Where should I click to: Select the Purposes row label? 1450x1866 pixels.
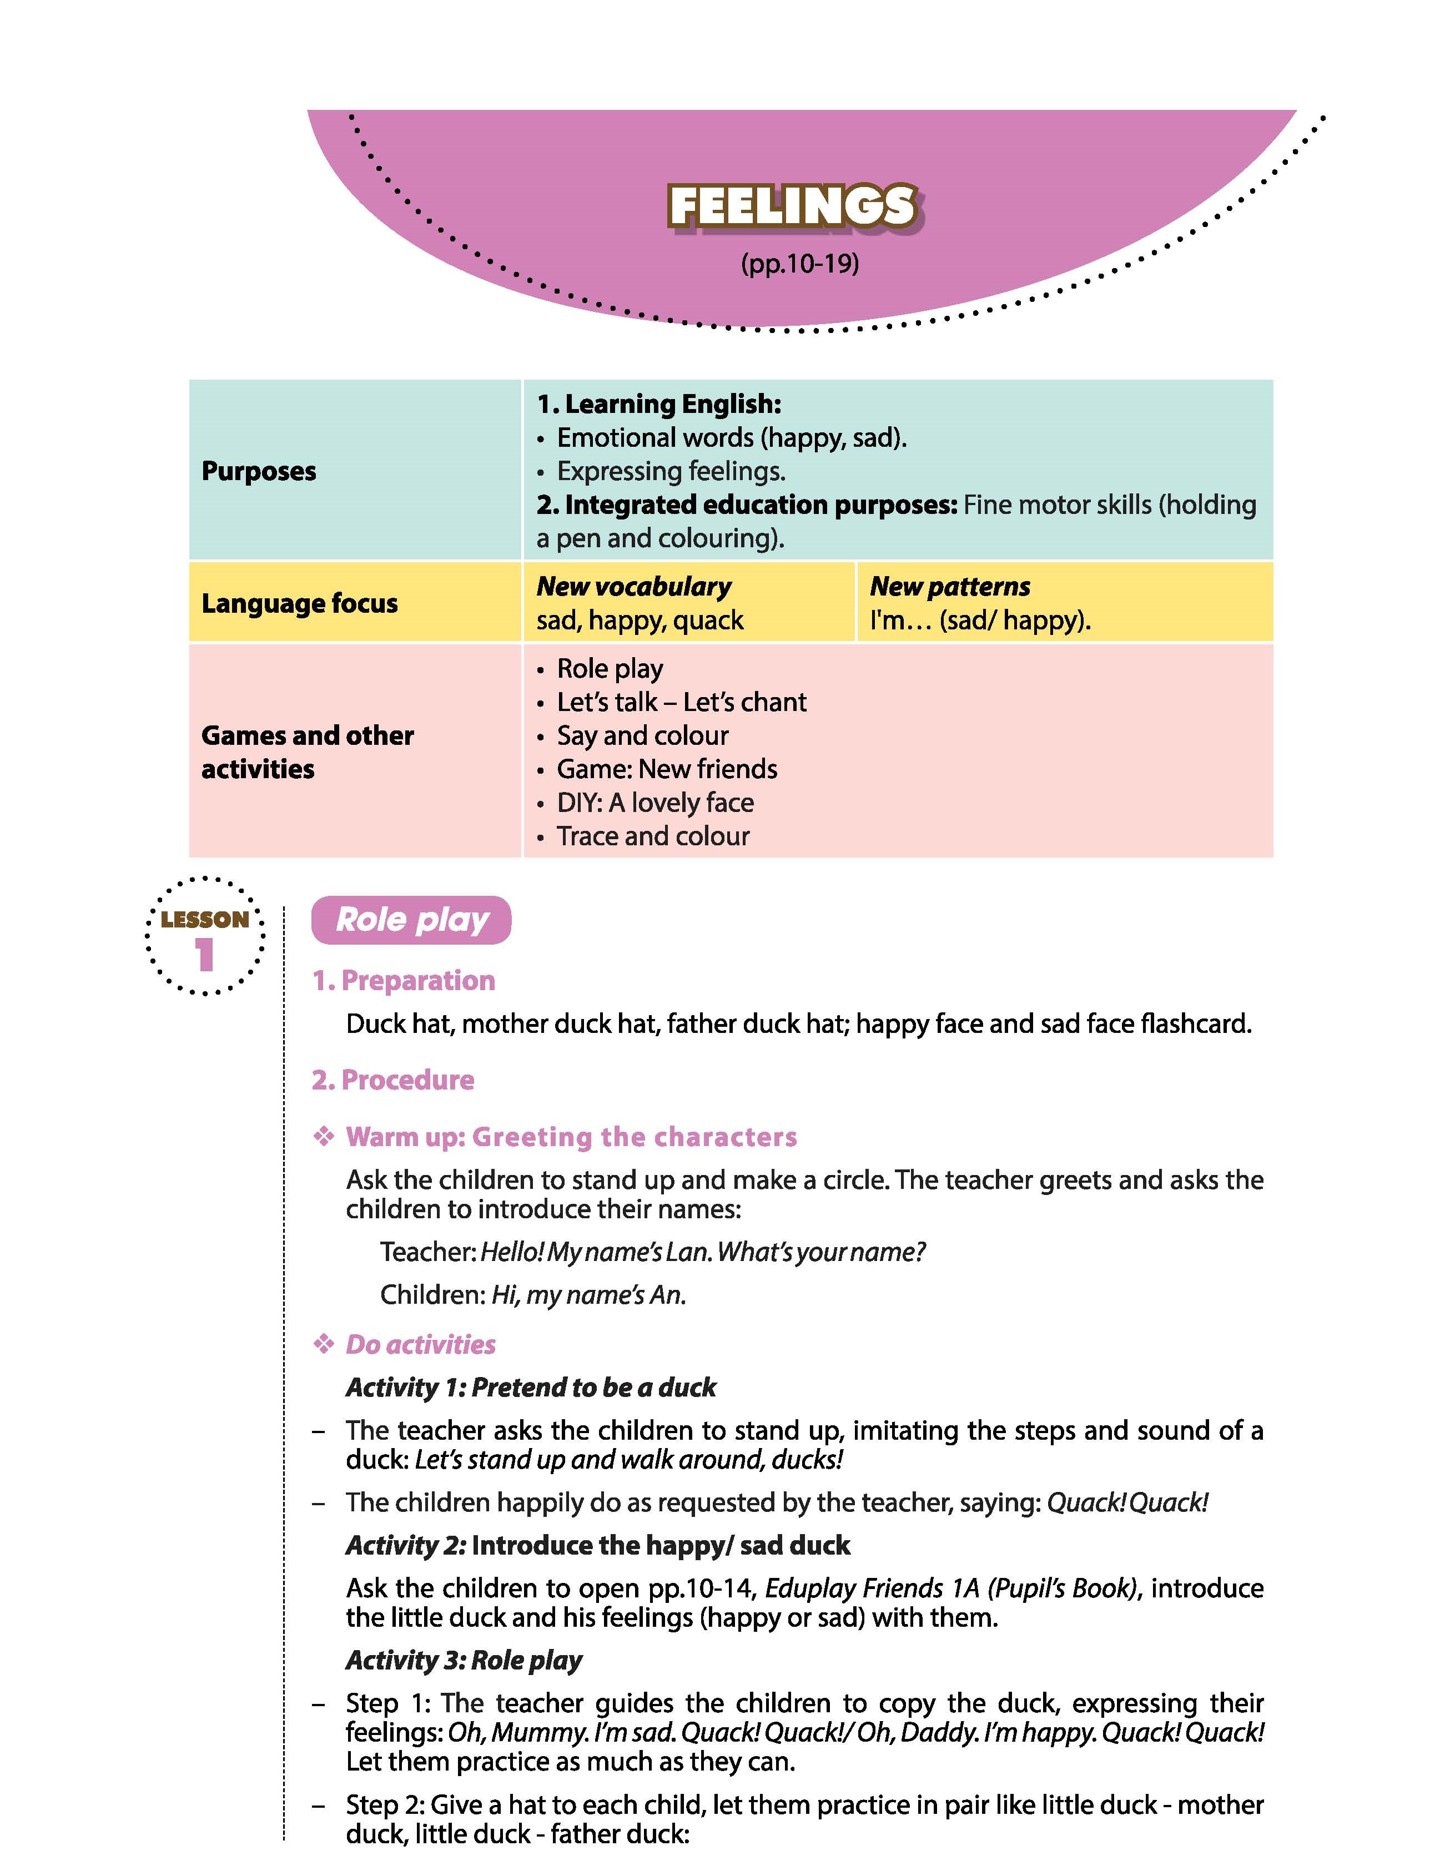pyautogui.click(x=259, y=471)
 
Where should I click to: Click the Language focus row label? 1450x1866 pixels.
pyautogui.click(x=300, y=603)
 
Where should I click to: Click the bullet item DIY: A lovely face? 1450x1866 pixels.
pyautogui.click(x=656, y=802)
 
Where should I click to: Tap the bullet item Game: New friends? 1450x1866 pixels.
pyautogui.click(x=667, y=769)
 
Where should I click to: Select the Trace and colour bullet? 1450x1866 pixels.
pyautogui.click(x=653, y=836)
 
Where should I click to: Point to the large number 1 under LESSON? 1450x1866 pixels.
pyautogui.click(x=204, y=955)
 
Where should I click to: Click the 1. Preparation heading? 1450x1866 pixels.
pyautogui.click(x=403, y=980)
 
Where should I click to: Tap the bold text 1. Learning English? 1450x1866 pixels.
pyautogui.click(x=659, y=404)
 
